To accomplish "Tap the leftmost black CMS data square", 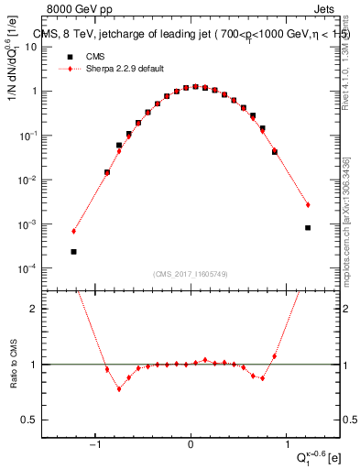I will [73, 251].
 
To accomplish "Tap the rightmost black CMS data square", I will [308, 228].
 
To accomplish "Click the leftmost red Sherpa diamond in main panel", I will [73, 231].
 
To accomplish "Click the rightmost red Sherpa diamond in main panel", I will [308, 204].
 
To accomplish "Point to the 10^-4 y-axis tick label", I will [42, 268].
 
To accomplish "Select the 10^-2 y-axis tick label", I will [42, 180].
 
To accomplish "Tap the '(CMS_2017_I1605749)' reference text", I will [191, 274].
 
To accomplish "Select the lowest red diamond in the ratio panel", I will [118, 388].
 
